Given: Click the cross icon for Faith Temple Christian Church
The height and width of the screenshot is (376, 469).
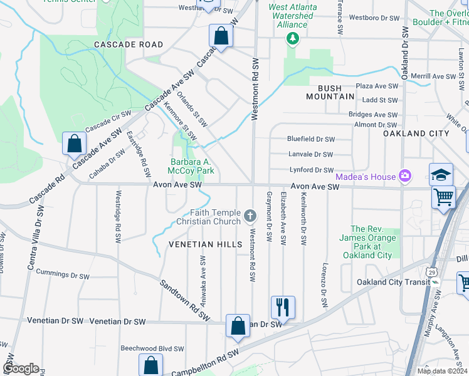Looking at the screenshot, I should (250, 217).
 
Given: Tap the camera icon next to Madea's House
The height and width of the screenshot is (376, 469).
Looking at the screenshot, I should (405, 176).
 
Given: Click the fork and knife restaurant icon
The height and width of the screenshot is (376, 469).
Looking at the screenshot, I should (282, 307).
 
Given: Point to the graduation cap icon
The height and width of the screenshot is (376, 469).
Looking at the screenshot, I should (441, 174).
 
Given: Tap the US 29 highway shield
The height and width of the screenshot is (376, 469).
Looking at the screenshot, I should (430, 271).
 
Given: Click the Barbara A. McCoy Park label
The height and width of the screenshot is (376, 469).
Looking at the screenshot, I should (192, 166).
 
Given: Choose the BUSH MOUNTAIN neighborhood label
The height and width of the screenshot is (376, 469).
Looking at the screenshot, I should (330, 92).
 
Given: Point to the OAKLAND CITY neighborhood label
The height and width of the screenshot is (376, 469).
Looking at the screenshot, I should (416, 133).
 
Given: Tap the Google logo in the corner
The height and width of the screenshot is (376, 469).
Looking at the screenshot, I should (21, 368).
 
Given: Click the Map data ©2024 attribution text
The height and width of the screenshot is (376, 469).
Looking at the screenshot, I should (441, 371).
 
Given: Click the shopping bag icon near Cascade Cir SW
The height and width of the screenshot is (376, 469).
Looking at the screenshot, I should (74, 144).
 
